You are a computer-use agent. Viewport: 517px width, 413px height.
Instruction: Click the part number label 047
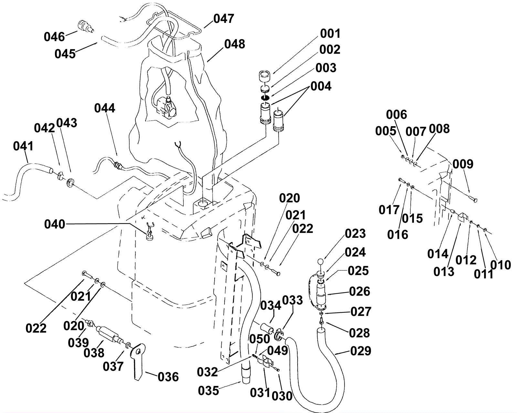tap(224, 19)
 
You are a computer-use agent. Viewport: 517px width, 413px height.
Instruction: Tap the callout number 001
tap(330, 34)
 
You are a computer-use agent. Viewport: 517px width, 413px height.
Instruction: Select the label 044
tap(104, 108)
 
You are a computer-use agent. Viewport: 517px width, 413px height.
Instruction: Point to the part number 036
tap(168, 377)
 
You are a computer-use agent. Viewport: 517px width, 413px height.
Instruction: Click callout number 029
tap(361, 351)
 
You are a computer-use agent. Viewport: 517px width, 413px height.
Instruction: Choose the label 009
tap(463, 164)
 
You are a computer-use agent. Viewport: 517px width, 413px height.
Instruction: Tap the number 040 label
tap(55, 224)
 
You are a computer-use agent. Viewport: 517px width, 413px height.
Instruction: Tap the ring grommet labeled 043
tap(70, 183)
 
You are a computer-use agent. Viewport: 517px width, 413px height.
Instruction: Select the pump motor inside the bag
tap(165, 107)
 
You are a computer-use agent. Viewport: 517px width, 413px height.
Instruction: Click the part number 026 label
tap(359, 292)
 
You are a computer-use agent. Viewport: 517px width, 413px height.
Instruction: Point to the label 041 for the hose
tap(23, 146)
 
